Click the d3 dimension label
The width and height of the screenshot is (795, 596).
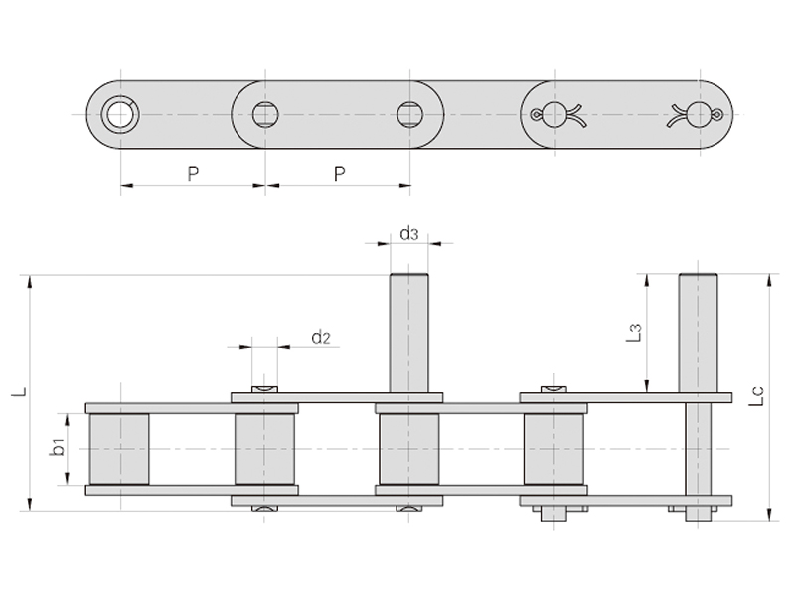(x=409, y=234)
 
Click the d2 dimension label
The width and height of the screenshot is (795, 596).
(x=321, y=337)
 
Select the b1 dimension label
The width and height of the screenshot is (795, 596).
(x=59, y=448)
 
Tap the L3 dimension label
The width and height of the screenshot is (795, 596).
(x=634, y=333)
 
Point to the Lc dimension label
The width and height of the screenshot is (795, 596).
(x=755, y=396)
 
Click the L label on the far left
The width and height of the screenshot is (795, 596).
(x=20, y=391)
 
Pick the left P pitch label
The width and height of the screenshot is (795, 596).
(x=193, y=174)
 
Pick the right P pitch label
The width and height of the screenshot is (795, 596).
(x=339, y=174)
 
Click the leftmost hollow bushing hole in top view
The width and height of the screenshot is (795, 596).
(x=120, y=114)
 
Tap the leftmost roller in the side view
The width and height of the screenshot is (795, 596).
(x=119, y=449)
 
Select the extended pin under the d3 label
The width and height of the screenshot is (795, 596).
(x=408, y=334)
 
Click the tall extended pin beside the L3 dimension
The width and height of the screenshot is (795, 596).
(x=699, y=334)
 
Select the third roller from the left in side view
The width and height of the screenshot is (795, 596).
(x=409, y=449)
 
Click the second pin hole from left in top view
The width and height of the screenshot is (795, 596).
(x=265, y=114)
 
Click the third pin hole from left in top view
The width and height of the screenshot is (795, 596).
(x=409, y=114)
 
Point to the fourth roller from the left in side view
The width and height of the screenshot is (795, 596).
(x=554, y=449)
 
